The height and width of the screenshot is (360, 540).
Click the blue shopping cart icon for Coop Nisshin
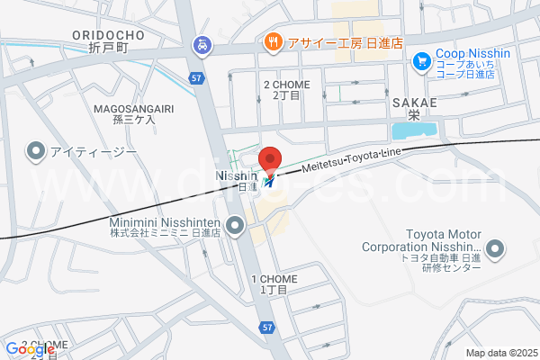[420, 61]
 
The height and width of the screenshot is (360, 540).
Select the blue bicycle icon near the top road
[203, 43]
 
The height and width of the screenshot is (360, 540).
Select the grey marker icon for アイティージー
[37, 150]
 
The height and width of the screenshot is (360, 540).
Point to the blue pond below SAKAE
[415, 130]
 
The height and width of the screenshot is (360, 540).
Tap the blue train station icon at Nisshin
[270, 181]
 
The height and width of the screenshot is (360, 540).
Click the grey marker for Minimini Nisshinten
[236, 227]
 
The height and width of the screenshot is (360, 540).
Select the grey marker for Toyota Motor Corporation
[494, 247]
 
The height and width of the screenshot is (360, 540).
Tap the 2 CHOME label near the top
[286, 90]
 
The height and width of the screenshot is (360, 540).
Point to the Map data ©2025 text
[499, 353]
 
